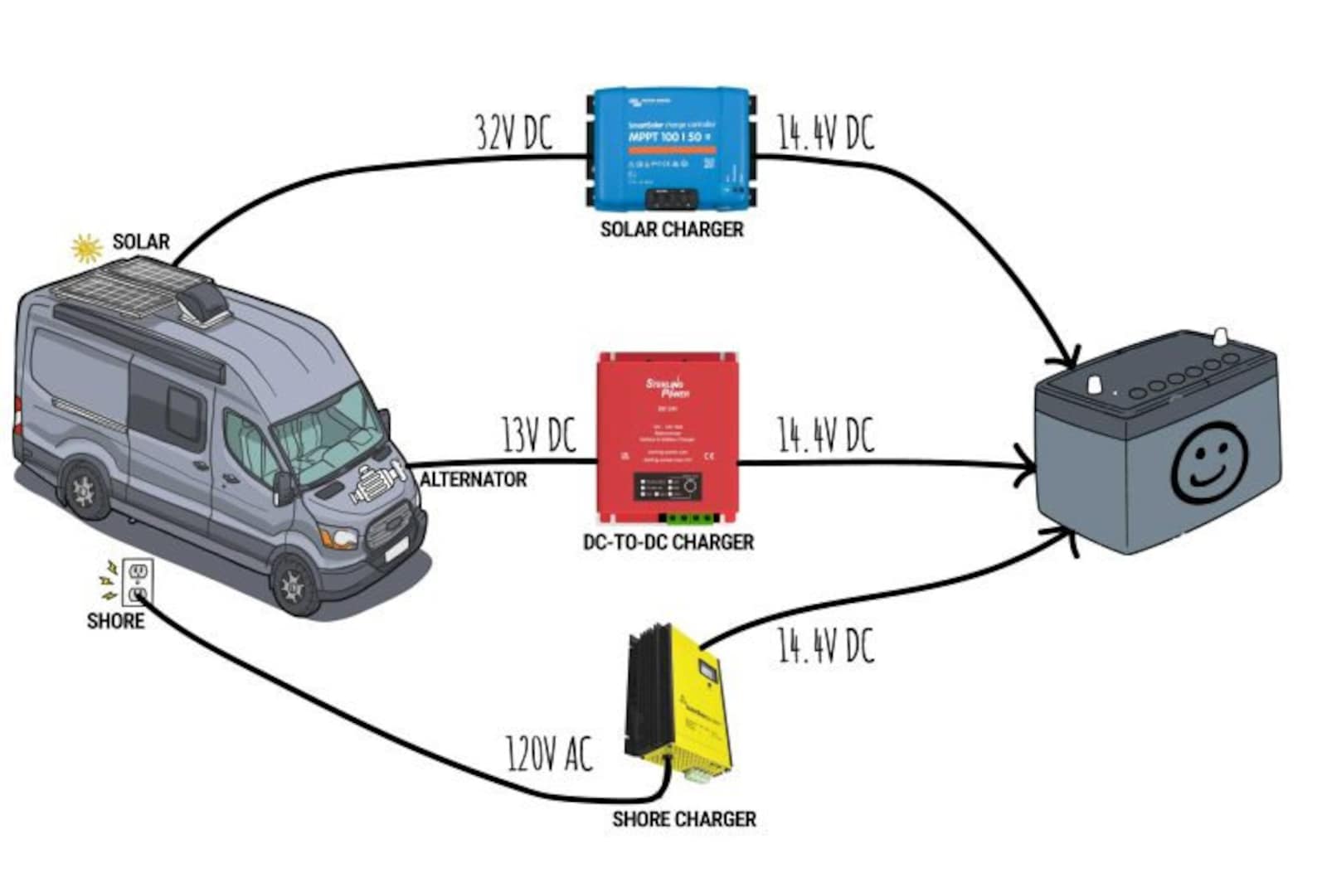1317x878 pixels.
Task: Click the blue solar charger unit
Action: coord(672,149)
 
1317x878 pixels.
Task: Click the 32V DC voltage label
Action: coord(513,133)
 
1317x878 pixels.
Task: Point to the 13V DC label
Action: coord(537,434)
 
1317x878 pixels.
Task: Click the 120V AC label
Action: coord(549,754)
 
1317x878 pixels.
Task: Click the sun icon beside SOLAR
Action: coord(85,247)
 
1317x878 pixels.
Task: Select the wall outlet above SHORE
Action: coord(138,582)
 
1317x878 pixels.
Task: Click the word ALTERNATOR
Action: coord(473,479)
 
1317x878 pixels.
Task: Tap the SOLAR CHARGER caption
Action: coord(672,229)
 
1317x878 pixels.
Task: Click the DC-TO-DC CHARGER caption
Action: coord(668,542)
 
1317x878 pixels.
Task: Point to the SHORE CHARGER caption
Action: coord(684,819)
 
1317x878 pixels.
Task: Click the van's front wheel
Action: coord(292,585)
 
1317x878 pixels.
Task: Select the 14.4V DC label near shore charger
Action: coord(825,646)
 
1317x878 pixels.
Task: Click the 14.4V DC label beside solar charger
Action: coord(825,133)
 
